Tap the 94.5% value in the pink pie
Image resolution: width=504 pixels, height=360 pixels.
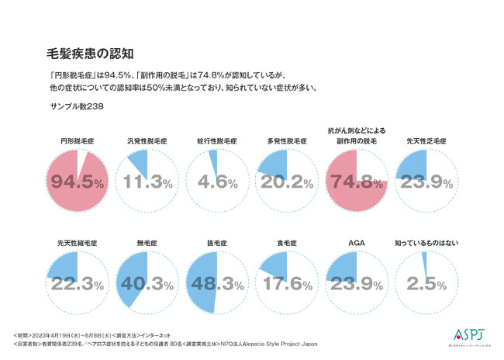click(x=78, y=183)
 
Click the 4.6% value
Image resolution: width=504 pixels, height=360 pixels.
click(x=218, y=183)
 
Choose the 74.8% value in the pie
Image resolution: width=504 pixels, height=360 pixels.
click(x=357, y=183)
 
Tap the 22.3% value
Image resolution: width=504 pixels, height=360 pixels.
click(x=78, y=284)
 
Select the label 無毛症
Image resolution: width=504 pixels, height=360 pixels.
click(x=147, y=244)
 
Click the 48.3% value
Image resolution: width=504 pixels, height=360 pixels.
click(x=218, y=284)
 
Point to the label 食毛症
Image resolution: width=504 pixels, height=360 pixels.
click(x=287, y=244)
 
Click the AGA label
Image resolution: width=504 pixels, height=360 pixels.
click(x=357, y=244)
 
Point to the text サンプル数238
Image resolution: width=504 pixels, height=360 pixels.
click(x=76, y=106)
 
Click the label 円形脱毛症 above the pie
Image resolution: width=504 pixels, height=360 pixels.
click(x=78, y=143)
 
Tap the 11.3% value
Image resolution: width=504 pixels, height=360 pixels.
click(x=147, y=183)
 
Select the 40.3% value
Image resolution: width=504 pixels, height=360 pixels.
click(x=147, y=284)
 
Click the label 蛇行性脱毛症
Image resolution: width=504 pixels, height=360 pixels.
click(x=218, y=143)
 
